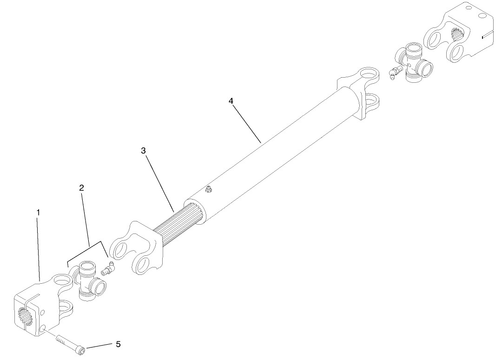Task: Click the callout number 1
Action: coord(39,212)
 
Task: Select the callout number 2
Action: coord(81,188)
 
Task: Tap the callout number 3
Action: coord(144,151)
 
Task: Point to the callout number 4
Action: coord(231,101)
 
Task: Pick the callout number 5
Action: coord(118,344)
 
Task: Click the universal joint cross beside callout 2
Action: coord(88,281)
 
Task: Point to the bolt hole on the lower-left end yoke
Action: coord(42,329)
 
